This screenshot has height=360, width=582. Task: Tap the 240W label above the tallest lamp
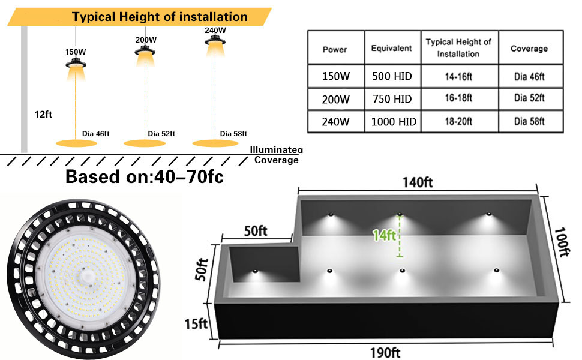[x=215, y=29]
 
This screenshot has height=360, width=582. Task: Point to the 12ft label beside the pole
[x=44, y=113]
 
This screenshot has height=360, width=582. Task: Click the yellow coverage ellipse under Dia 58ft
[x=215, y=143]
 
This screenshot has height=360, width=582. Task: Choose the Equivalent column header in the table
[x=391, y=49]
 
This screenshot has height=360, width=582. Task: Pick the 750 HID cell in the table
[x=391, y=99]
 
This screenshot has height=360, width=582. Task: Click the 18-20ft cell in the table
[x=458, y=122]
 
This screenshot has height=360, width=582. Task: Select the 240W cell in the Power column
[x=335, y=122]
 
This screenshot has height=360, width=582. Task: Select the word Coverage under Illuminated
[x=276, y=160]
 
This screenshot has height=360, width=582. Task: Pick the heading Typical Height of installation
[x=160, y=16]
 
